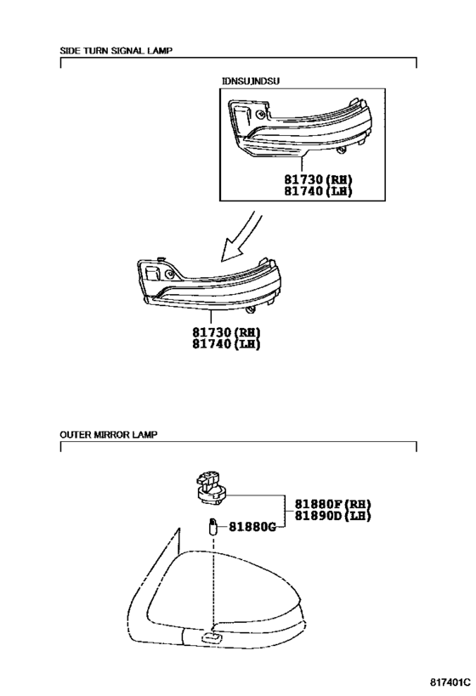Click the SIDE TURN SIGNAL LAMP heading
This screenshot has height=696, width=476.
coord(116,51)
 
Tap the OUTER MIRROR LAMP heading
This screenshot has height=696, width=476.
coord(108,434)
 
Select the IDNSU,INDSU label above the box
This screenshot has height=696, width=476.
coord(251,82)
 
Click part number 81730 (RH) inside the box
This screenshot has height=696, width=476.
coord(319,180)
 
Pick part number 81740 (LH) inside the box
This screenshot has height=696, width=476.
coord(319,191)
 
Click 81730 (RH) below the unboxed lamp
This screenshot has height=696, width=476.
coord(226,332)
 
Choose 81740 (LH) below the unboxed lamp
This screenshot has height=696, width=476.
coord(226,344)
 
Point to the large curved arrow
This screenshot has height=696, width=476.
coord(242,236)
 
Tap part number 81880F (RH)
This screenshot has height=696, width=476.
coord(333,504)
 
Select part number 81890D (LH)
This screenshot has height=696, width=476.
coord(333,516)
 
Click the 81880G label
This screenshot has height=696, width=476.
coord(252,527)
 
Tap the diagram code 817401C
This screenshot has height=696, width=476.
coord(450,682)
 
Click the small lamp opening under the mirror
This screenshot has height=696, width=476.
coord(213,638)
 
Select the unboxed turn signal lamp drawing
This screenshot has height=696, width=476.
coord(210,284)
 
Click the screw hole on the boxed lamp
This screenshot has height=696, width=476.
coord(259,115)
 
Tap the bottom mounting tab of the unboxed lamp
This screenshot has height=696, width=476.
coord(251,310)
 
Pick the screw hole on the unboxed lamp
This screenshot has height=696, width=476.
coord(168,274)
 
